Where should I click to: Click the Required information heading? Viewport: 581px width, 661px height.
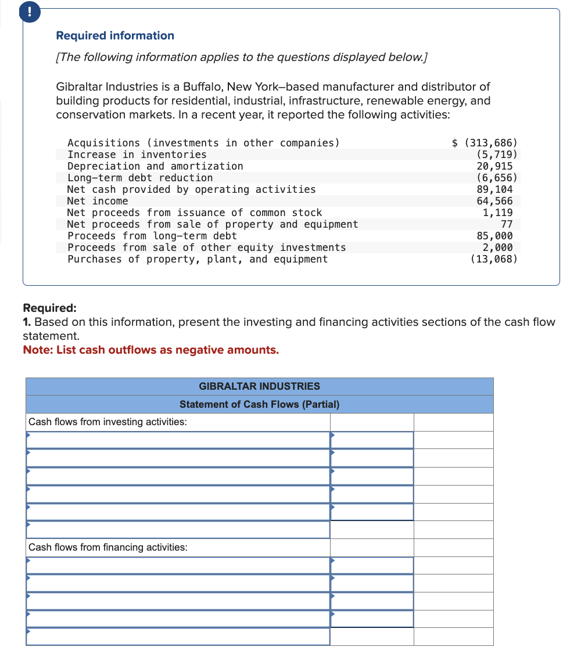tap(114, 35)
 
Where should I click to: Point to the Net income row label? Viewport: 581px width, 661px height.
tap(98, 201)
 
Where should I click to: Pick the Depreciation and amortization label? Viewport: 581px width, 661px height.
tap(155, 166)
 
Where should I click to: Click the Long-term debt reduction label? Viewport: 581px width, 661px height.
tap(140, 178)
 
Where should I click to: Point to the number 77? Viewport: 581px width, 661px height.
tap(506, 224)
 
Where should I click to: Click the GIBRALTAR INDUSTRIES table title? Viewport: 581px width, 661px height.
tap(259, 386)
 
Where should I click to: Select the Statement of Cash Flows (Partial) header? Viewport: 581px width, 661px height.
tap(259, 404)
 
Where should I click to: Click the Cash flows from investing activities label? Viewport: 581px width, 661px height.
tap(107, 422)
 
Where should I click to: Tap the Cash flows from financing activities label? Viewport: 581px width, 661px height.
tap(107, 547)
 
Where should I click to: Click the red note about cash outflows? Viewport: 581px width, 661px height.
tap(150, 350)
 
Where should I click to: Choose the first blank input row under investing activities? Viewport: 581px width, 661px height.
tap(178, 440)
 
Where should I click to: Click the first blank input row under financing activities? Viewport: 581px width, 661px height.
tap(178, 566)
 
